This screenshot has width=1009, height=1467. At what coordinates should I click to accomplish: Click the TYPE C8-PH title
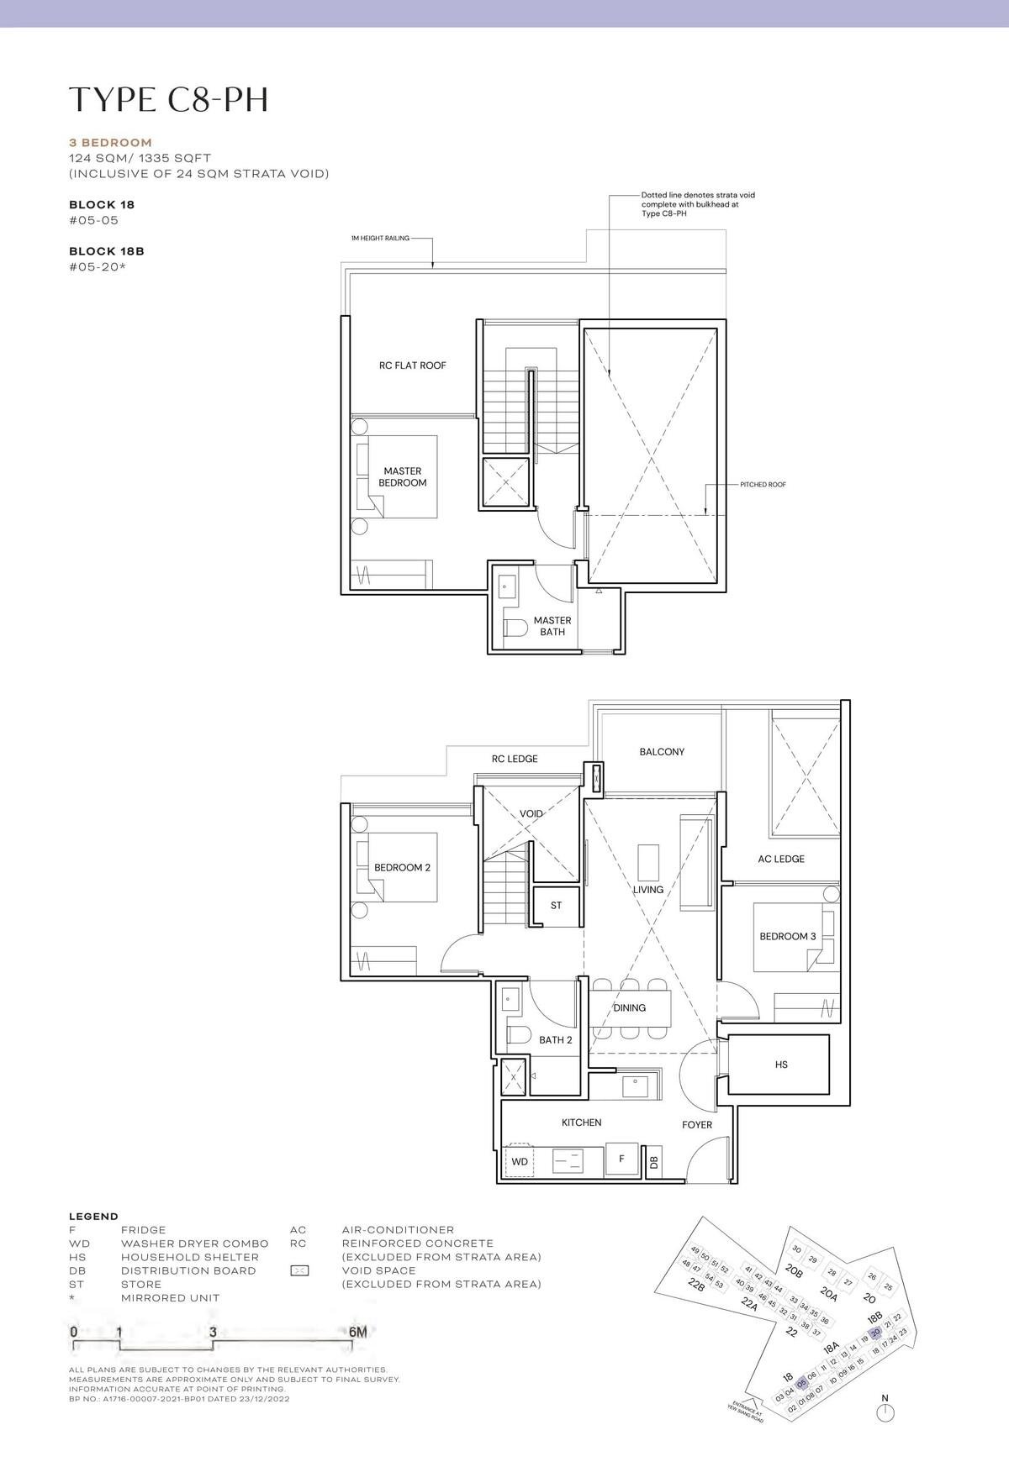point(169,99)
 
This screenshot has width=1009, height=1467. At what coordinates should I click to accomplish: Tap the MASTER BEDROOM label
point(402,476)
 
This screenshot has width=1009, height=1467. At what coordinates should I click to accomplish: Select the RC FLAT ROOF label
point(412,365)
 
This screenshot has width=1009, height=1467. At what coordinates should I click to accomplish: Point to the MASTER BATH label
point(552,626)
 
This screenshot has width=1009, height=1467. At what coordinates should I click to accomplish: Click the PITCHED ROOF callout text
point(763,485)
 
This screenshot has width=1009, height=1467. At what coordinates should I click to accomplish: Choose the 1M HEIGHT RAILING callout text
point(380,239)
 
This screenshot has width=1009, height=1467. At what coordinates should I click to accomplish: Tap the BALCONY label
point(662,752)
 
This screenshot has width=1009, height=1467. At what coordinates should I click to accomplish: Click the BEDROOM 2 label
point(402,867)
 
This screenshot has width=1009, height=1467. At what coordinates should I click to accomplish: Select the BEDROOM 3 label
point(787,936)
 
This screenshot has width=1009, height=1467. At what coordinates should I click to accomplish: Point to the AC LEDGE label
point(780,859)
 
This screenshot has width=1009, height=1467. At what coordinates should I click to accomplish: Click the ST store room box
point(556,906)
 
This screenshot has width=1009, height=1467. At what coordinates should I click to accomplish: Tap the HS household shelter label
point(781,1065)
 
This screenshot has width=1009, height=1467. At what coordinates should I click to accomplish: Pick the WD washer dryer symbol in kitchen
point(520,1160)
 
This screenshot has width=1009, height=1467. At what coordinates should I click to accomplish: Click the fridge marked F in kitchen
point(621,1159)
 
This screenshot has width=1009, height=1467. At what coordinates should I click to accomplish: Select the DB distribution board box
point(653,1163)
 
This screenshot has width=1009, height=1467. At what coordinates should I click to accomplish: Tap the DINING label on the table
point(629,1007)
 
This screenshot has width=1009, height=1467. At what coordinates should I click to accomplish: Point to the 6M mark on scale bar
point(357,1332)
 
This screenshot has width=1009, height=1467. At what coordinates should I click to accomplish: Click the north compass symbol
point(885,1413)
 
